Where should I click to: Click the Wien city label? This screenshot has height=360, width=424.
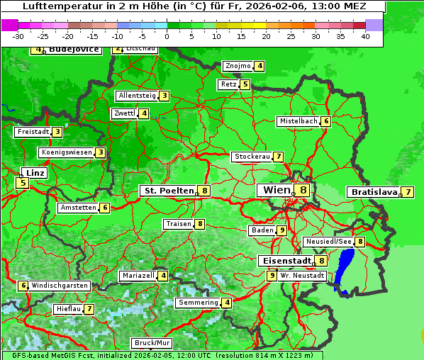(x=277, y=190)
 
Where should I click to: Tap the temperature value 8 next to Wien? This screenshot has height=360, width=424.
(x=303, y=190)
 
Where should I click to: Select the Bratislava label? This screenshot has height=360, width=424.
(x=373, y=192)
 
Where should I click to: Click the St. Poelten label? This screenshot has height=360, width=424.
(x=168, y=191)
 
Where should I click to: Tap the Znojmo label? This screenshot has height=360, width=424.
(x=238, y=66)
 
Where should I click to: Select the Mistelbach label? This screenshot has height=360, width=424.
(x=298, y=121)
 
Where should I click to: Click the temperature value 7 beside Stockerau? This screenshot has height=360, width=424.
(x=279, y=157)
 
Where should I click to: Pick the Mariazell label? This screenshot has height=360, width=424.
(x=138, y=276)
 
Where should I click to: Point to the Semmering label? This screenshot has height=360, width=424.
(x=198, y=303)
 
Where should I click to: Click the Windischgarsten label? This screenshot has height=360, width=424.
(x=60, y=286)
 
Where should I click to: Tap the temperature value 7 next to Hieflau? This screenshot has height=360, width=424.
(x=89, y=310)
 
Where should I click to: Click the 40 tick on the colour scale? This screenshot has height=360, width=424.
(x=365, y=36)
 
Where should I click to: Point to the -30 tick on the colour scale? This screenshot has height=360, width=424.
(x=18, y=36)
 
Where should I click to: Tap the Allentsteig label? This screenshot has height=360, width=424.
(x=137, y=96)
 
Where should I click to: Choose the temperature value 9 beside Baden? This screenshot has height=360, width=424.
(x=281, y=230)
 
